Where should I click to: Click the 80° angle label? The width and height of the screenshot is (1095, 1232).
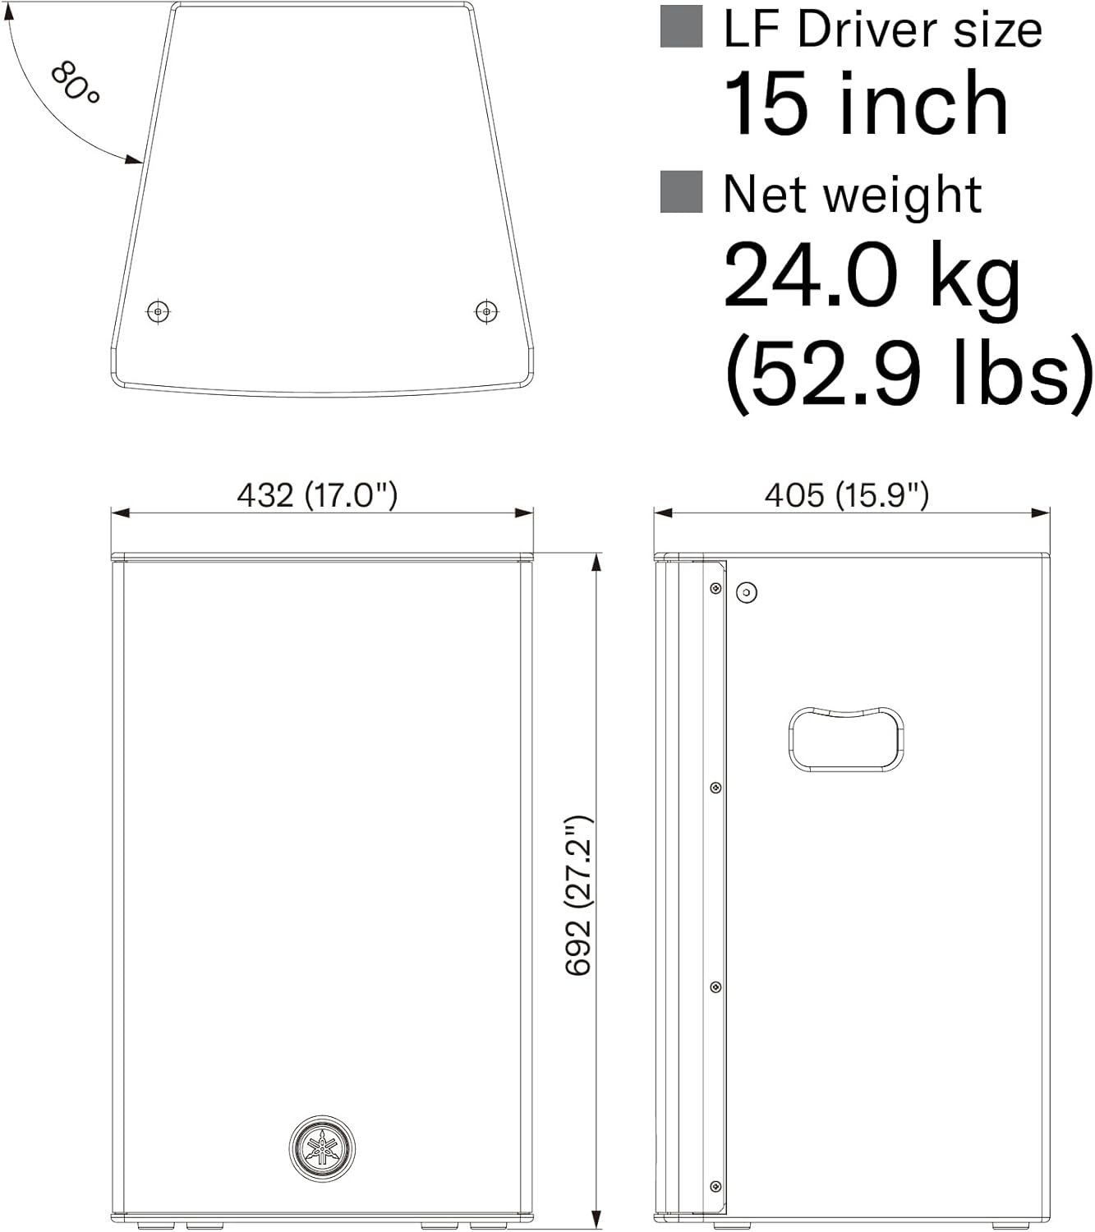click(75, 83)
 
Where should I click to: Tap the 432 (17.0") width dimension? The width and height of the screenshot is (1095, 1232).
click(317, 495)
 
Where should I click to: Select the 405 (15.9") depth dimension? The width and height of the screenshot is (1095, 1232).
click(847, 495)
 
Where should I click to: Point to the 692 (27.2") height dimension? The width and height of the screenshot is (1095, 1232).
click(578, 896)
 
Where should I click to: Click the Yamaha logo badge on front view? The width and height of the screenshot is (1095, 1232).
click(322, 1149)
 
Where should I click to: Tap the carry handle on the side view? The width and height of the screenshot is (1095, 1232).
click(845, 739)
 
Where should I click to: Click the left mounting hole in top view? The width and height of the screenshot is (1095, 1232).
click(159, 311)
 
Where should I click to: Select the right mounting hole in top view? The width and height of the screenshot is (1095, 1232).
click(486, 311)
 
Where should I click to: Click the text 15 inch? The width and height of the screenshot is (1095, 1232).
click(866, 103)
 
